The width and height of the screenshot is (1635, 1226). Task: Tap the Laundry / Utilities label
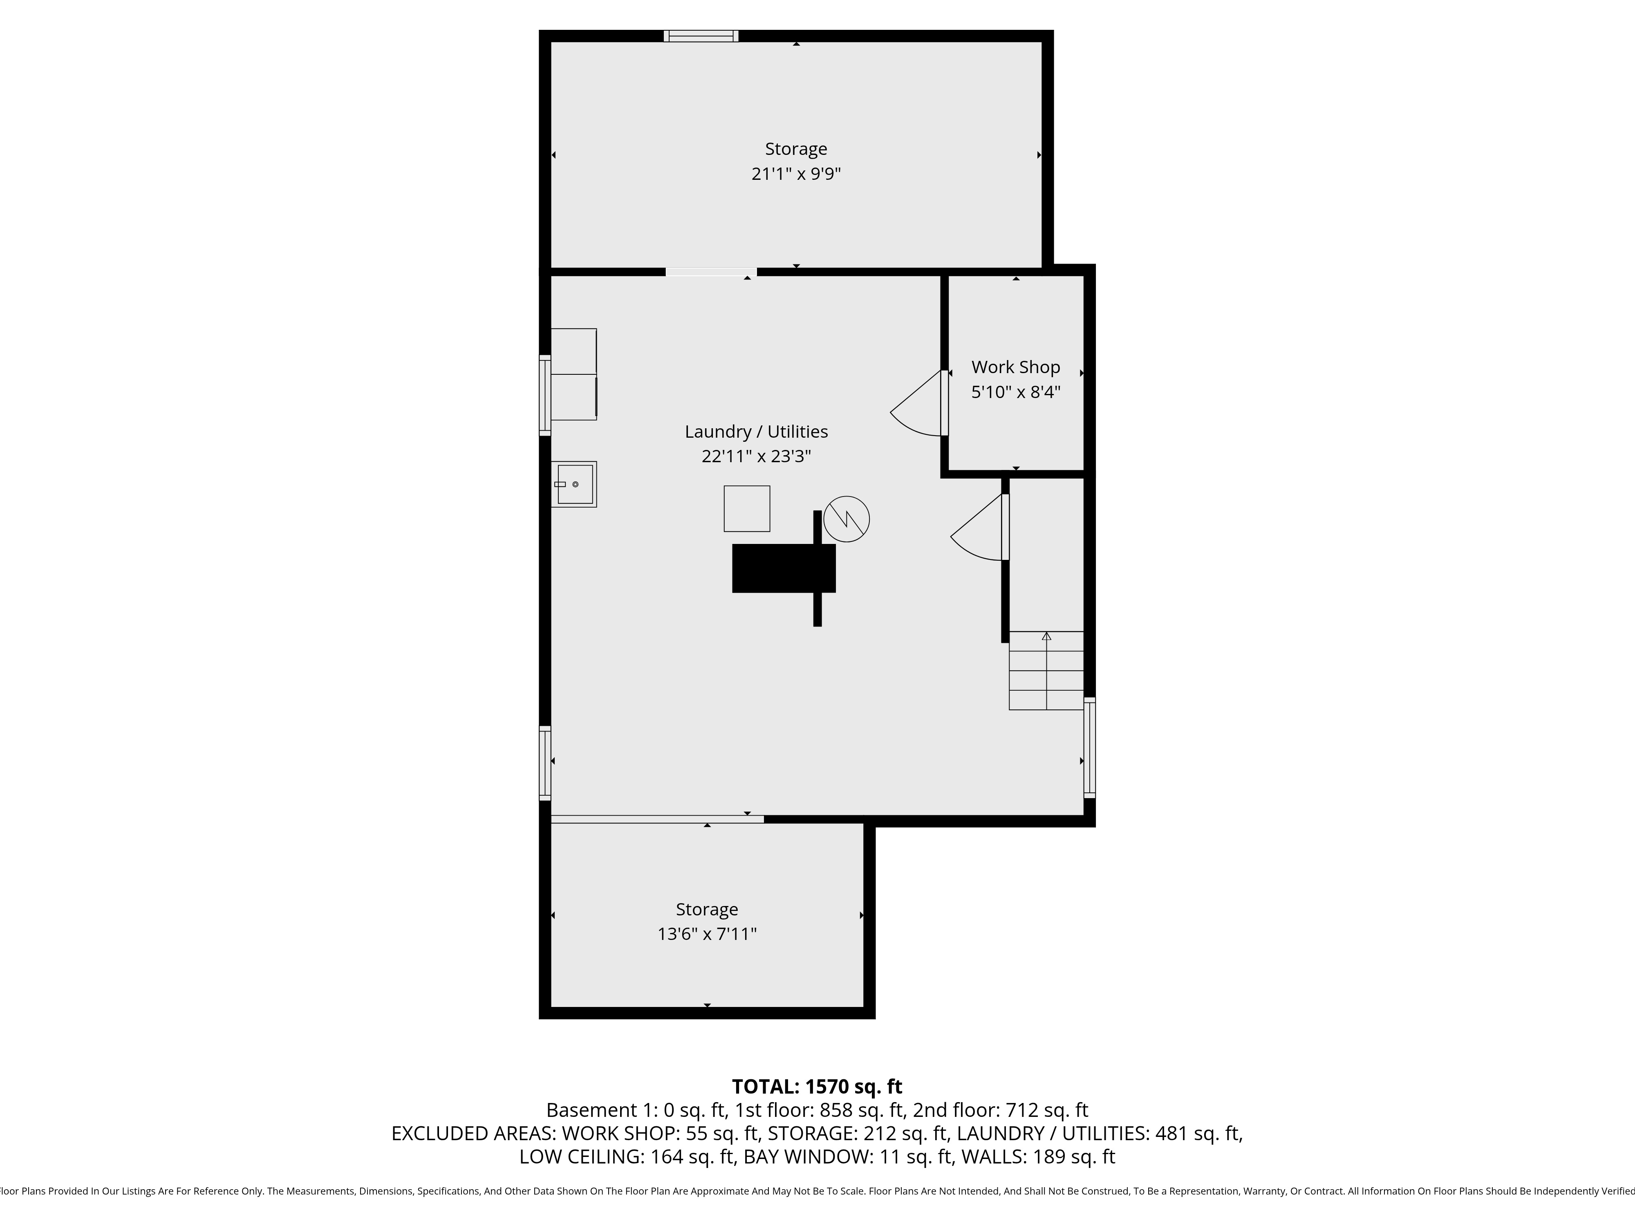[x=756, y=432]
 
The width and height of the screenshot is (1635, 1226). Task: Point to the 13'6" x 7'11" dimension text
[x=707, y=934]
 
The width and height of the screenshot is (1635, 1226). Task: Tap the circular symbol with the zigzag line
[x=847, y=519]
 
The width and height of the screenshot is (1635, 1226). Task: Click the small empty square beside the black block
[x=746, y=508]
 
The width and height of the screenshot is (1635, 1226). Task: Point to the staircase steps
[x=1046, y=671]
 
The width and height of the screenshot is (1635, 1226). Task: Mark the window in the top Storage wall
[x=701, y=36]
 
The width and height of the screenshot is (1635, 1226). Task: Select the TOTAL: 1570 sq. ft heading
[x=817, y=1086]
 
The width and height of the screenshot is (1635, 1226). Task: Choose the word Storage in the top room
[x=796, y=149]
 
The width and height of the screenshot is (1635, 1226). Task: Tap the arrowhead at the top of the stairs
[x=1046, y=635]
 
